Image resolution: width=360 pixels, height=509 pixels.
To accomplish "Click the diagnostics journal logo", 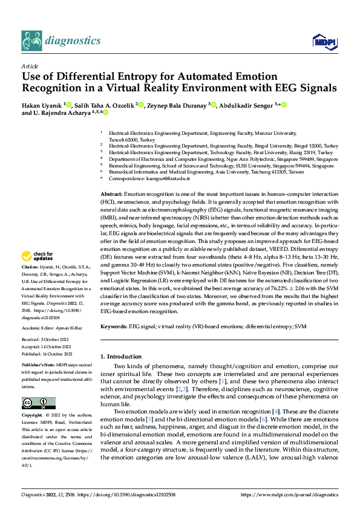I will click(x=61, y=40).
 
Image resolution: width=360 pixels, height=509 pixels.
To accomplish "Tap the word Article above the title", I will click(x=30, y=66).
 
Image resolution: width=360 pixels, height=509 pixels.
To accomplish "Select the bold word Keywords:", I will click(x=114, y=326).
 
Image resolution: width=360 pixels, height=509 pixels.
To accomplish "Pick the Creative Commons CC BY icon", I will click(x=38, y=403).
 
